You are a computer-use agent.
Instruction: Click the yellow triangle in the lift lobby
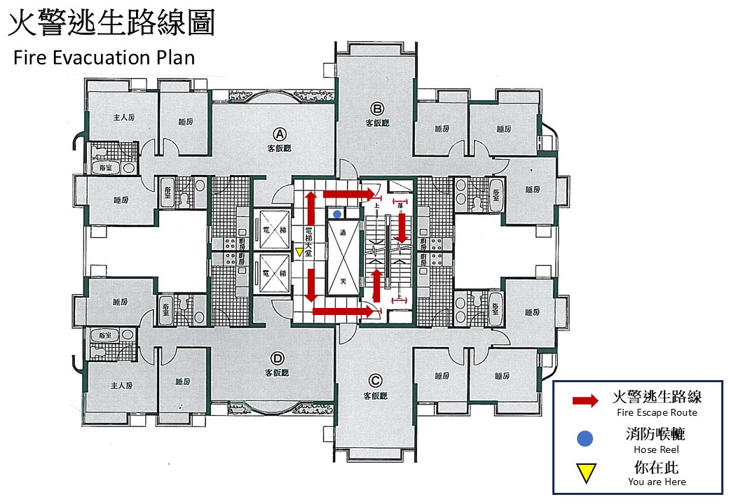[x=299, y=252]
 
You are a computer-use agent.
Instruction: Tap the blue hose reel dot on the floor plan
[x=338, y=213]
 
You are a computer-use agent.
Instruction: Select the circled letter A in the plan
[x=278, y=133]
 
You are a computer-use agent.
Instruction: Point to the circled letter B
[x=376, y=108]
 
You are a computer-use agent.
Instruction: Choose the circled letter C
[x=375, y=381]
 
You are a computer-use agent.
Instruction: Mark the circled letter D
[x=278, y=358]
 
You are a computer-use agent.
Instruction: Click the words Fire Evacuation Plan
[x=104, y=57]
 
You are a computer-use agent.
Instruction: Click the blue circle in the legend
[x=585, y=439]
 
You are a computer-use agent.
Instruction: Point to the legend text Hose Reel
[x=656, y=449]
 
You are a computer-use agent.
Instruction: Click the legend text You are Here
[x=657, y=482]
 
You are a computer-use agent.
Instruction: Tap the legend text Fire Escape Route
[x=657, y=413]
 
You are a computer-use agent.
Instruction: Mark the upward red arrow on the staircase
[x=376, y=283]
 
